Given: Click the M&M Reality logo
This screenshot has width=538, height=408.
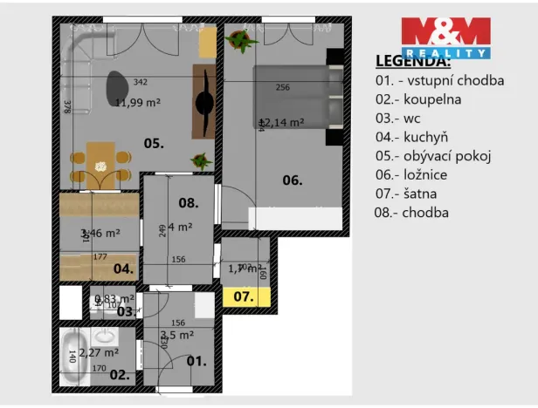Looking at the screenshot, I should click(446, 37).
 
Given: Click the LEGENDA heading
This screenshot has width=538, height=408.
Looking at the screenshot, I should click(413, 61).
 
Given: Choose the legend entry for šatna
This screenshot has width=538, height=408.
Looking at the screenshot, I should click(409, 193).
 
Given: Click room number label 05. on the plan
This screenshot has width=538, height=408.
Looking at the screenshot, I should click(154, 144).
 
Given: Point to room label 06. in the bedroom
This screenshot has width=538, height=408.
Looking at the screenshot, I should click(292, 180).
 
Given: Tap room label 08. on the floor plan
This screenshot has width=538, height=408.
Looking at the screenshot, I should click(189, 202).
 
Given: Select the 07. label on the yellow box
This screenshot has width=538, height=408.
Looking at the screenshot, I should click(242, 296).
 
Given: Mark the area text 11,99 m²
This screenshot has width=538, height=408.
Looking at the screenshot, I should click(137, 102).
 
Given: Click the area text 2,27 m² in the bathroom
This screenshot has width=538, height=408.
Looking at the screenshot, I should click(99, 352).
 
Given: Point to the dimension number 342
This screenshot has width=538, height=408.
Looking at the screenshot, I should click(140, 83).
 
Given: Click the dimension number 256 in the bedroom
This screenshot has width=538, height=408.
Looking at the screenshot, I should click(282, 87).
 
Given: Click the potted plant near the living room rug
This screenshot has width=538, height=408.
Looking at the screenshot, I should click(200, 160).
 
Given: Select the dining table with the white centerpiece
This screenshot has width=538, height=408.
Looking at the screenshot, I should click(99, 158).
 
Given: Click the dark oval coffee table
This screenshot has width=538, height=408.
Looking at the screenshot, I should click(116, 85).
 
